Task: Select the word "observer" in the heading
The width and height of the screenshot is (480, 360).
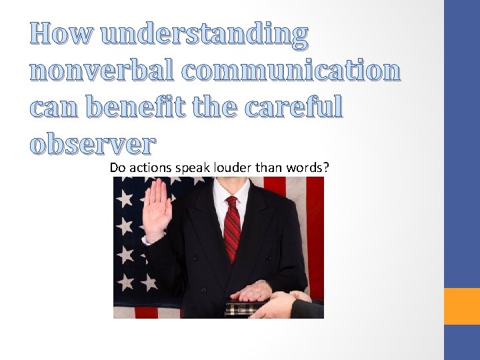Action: tap(93, 143)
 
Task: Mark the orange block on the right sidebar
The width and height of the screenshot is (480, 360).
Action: tap(462, 306)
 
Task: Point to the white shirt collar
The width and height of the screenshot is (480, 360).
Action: tap(231, 190)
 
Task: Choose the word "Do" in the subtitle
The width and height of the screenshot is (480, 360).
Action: tap(117, 167)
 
